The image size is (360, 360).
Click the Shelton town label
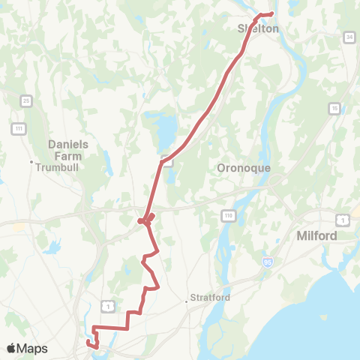click(x=258, y=28)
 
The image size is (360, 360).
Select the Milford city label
click(x=315, y=235)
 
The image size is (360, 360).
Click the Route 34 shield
click(x=349, y=37)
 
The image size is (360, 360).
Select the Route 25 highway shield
click(x=26, y=100)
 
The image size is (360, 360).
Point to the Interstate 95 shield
click(x=268, y=262)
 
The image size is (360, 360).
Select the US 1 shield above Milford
click(x=341, y=218)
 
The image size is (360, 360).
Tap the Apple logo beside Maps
click(x=12, y=349)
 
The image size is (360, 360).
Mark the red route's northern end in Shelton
click(x=271, y=13)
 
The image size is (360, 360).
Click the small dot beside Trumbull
click(x=31, y=162)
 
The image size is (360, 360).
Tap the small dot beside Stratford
click(x=187, y=302)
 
